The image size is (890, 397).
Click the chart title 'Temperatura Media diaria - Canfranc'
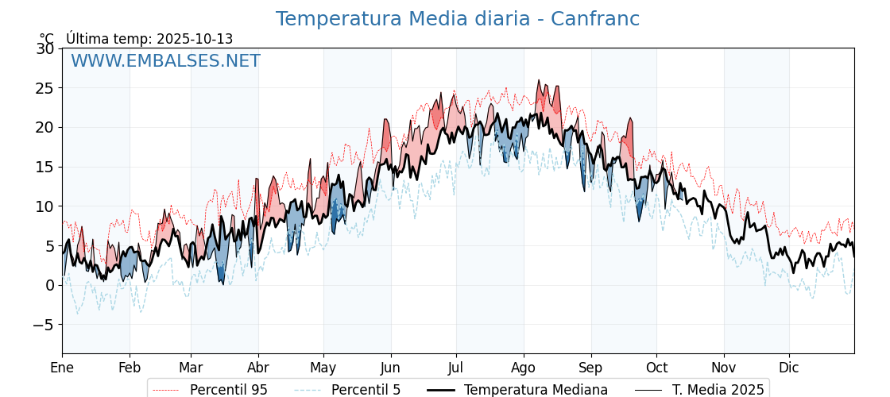(457, 19)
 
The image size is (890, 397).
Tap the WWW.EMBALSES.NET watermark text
(165, 61)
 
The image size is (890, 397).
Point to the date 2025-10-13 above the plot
(195, 39)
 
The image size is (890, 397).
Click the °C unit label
(47, 39)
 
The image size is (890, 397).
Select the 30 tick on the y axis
(44, 48)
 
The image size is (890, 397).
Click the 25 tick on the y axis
(44, 88)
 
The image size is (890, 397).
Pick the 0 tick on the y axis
(49, 285)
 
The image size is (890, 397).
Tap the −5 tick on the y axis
(44, 325)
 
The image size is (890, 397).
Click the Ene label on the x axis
(62, 368)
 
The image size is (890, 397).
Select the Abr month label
(258, 368)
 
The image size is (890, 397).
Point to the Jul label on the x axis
(456, 368)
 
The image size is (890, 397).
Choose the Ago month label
(524, 368)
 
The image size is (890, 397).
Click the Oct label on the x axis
(656, 368)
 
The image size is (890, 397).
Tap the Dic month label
(789, 368)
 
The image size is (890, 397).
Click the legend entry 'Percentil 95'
(228, 390)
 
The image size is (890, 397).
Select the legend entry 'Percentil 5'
(366, 390)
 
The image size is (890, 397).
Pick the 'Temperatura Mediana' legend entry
(536, 390)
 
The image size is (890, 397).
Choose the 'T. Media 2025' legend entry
(718, 390)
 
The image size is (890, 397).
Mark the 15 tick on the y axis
(44, 167)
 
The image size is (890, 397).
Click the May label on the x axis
(323, 368)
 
